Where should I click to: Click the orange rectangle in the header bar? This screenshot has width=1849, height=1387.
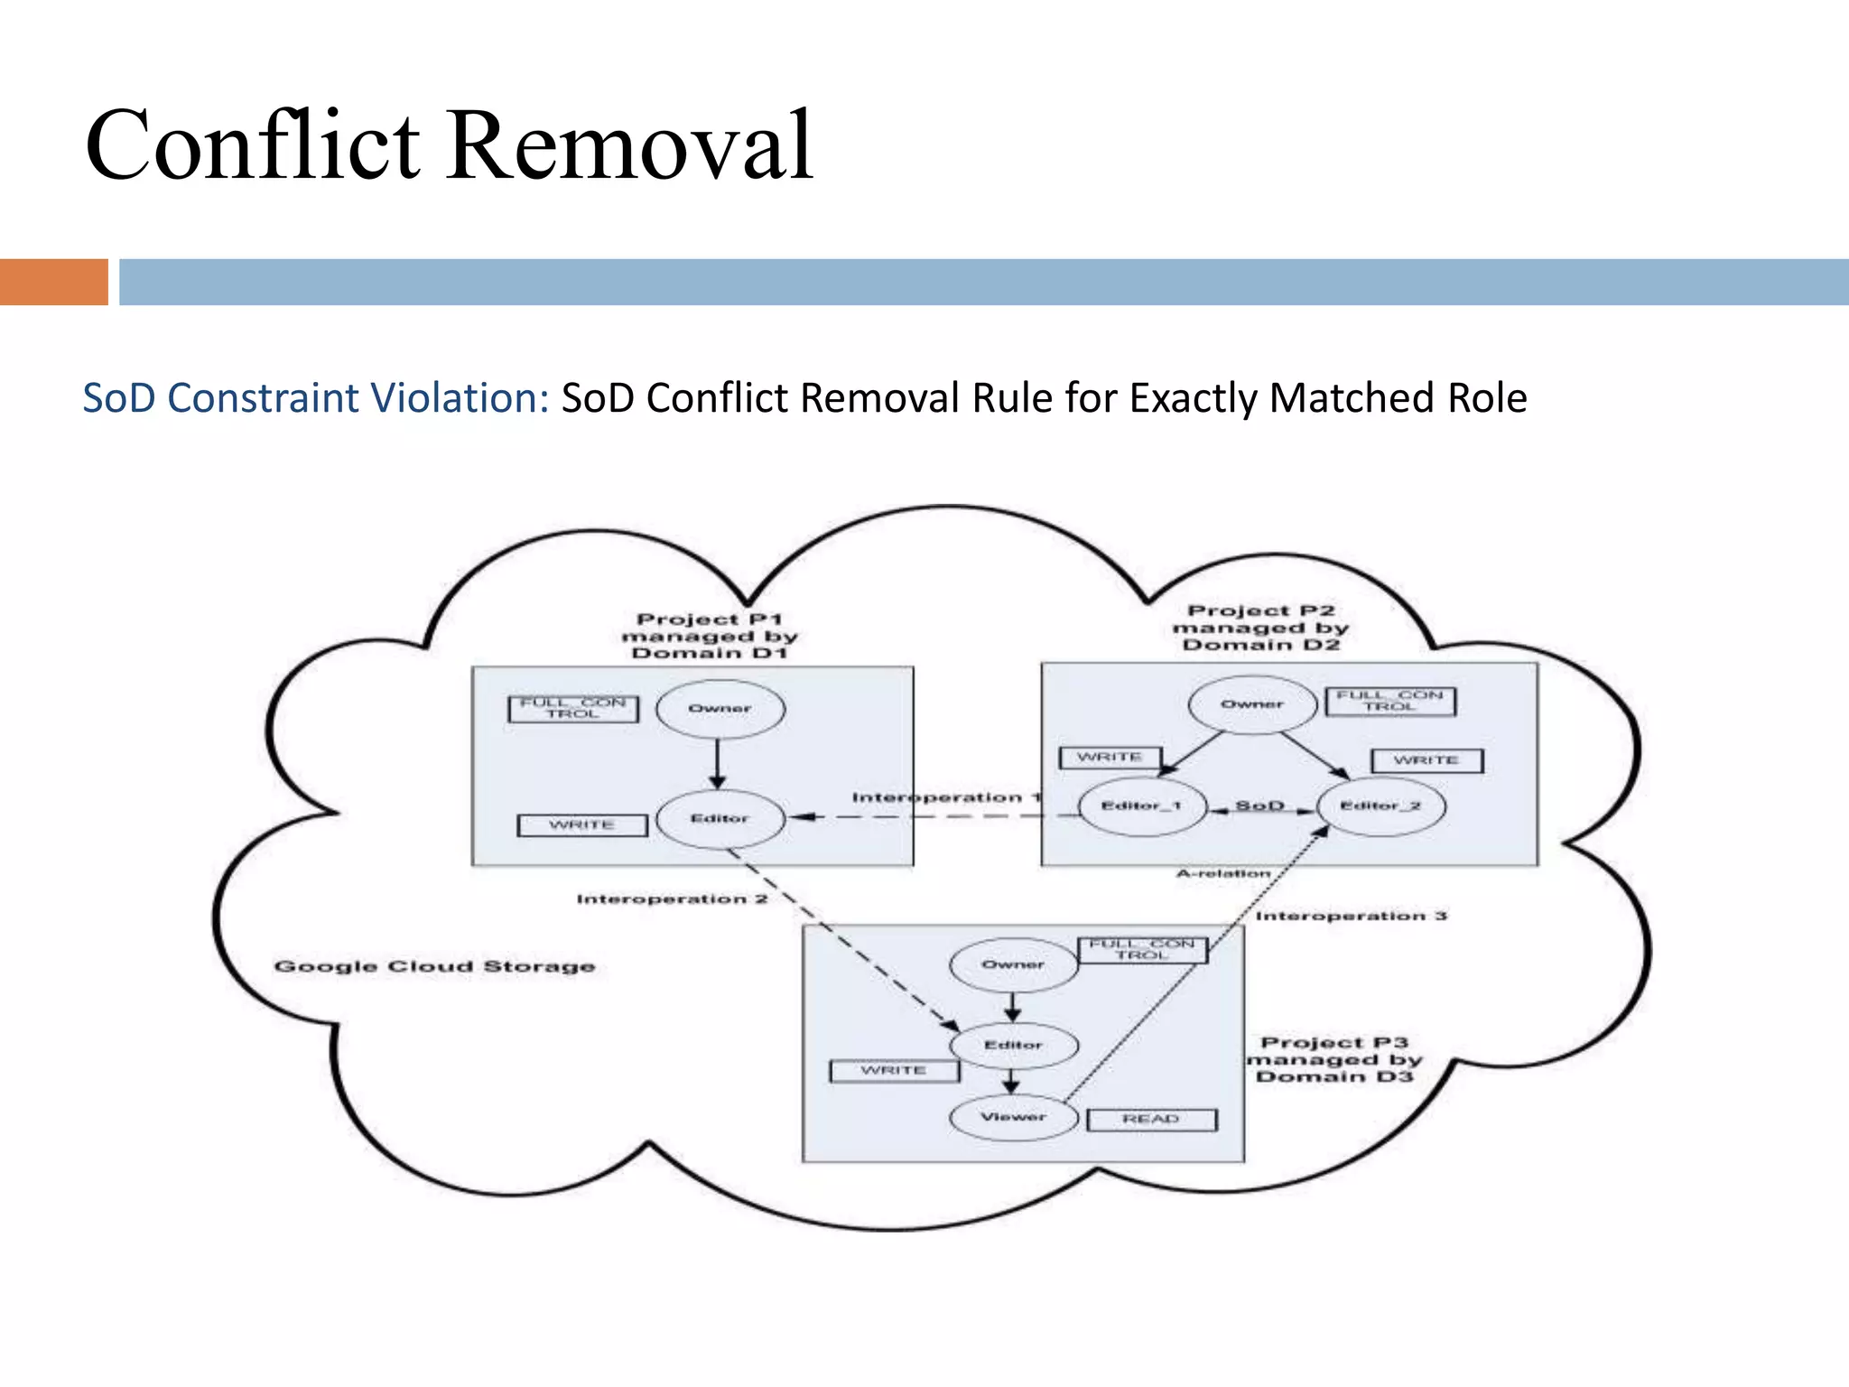(x=53, y=282)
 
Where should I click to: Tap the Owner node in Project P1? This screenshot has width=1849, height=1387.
(x=720, y=709)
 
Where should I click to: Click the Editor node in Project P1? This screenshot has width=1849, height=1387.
(x=720, y=819)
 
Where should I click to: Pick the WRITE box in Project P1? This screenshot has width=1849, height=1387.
(x=581, y=825)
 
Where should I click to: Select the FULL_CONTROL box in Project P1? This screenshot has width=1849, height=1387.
(x=572, y=709)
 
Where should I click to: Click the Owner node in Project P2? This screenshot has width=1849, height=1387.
(x=1252, y=704)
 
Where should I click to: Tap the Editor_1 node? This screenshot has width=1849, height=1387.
(x=1142, y=805)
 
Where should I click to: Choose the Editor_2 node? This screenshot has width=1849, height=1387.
(x=1380, y=805)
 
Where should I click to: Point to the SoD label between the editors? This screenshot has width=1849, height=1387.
(x=1259, y=805)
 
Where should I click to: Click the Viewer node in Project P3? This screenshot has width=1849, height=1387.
(x=1013, y=1117)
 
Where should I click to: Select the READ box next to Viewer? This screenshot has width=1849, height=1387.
(x=1151, y=1120)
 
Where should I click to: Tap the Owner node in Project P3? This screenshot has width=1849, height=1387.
(x=1013, y=964)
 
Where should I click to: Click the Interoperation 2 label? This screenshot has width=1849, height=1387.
(x=672, y=899)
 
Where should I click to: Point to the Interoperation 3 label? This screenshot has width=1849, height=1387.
(x=1351, y=916)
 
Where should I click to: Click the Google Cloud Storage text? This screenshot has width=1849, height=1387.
(x=434, y=966)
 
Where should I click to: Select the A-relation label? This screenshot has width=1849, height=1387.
(x=1222, y=873)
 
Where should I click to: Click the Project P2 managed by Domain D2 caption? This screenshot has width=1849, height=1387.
(x=1260, y=628)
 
